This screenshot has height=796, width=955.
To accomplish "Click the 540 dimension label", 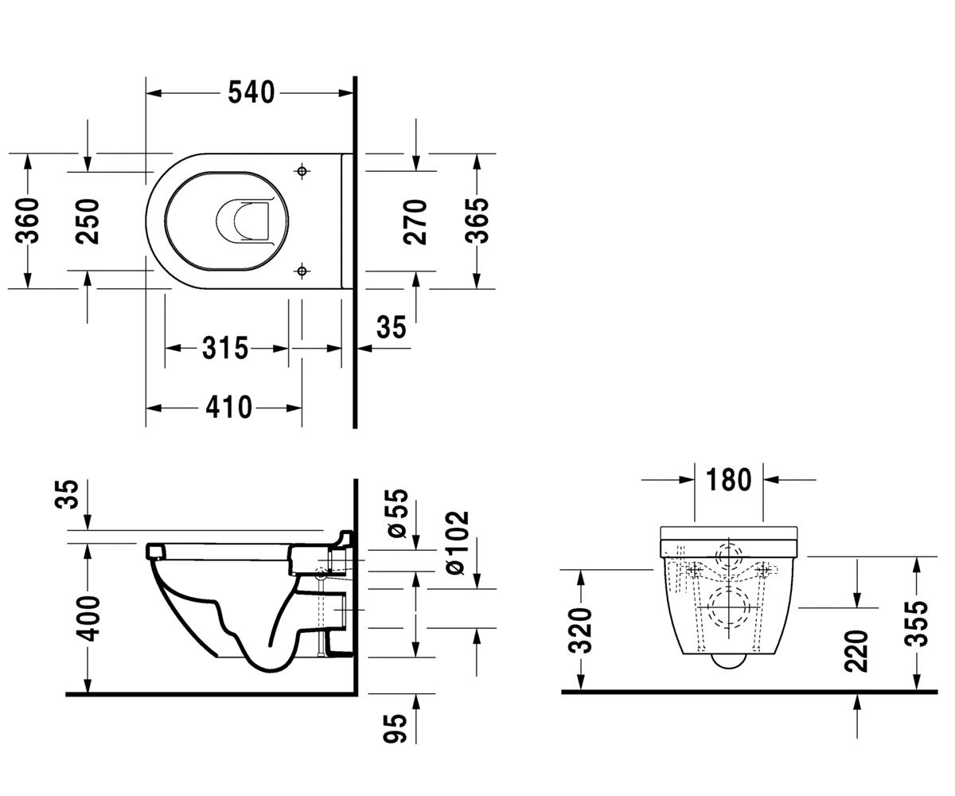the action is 251,93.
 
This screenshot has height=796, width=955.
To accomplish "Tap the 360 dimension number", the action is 27,220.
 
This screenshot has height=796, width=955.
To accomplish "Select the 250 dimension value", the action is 88,221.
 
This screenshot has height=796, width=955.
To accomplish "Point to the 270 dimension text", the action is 415,222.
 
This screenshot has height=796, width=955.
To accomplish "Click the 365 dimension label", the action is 477,220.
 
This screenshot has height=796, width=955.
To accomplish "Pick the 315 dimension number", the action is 225,348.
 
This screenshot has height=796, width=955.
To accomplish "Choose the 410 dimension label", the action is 228,407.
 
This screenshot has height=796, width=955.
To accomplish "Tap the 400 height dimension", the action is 88,618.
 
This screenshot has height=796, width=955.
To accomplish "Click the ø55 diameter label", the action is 396,513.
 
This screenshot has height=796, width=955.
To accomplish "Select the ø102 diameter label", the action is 458,543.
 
